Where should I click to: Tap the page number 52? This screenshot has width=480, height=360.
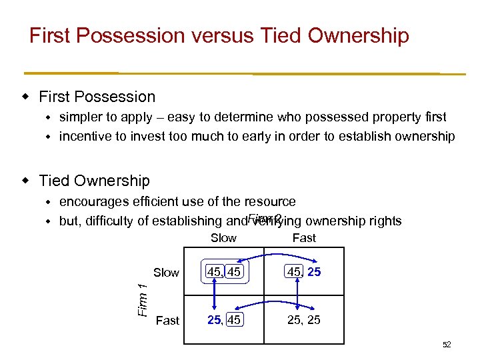pos(447,345)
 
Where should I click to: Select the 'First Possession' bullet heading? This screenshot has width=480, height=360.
pos(97,97)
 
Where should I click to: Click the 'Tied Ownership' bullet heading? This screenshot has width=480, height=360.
pos(94,181)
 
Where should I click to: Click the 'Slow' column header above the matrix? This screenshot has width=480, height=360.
pos(223,238)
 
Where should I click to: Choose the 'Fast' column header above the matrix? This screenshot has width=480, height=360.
pos(304,238)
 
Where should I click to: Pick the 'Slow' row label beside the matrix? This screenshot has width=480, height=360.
pos(166,272)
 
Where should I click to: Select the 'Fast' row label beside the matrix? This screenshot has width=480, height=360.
pos(167,321)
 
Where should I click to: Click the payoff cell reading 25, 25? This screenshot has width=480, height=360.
pos(303,321)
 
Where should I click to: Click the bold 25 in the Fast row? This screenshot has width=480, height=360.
pos(214,321)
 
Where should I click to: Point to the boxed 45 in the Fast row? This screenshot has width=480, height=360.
pos(233,321)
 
